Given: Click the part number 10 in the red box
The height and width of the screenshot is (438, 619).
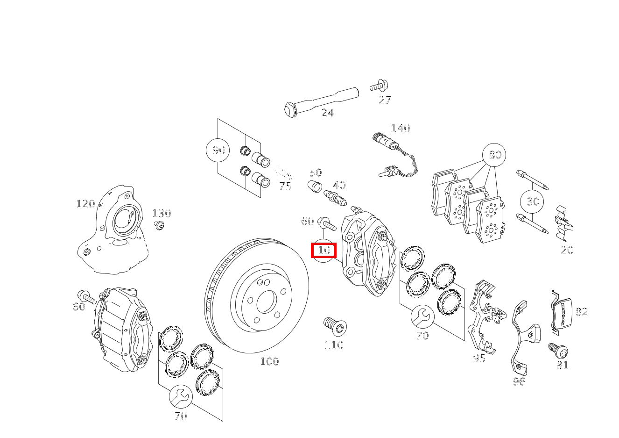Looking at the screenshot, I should click(x=324, y=250).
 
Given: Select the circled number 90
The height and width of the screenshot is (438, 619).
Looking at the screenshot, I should click(x=218, y=150).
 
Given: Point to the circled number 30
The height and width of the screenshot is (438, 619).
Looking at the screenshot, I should click(x=533, y=201).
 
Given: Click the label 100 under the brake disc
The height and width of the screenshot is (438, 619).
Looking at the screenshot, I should click(x=269, y=361).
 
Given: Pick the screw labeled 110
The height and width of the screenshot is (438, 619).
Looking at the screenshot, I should click(x=335, y=325).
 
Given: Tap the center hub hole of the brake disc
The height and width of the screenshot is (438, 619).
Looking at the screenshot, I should click(x=267, y=302).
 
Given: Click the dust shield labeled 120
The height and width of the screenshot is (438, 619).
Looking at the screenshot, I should click(x=114, y=234).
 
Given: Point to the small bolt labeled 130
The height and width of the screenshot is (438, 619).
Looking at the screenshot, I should click(x=159, y=226).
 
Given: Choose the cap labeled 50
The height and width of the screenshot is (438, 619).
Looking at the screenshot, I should click(x=315, y=187).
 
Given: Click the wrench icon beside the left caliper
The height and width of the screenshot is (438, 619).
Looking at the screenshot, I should click(x=180, y=397).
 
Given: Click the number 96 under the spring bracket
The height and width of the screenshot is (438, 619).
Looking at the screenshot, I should click(x=519, y=382).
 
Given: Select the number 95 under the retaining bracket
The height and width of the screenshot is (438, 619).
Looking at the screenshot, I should click(x=479, y=359).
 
